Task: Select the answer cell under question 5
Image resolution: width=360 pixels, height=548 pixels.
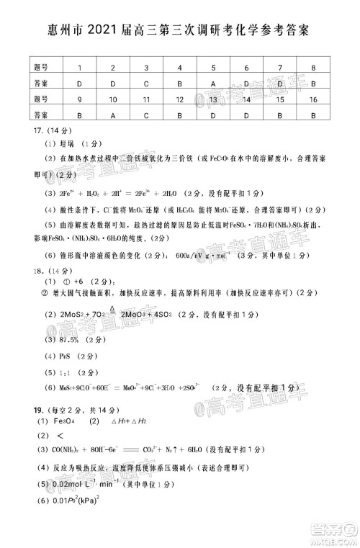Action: [x=214, y=83]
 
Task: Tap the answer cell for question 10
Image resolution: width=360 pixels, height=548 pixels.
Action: [x=113, y=114]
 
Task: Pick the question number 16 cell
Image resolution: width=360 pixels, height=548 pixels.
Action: [x=313, y=98]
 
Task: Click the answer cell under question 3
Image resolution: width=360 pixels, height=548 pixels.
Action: [x=147, y=83]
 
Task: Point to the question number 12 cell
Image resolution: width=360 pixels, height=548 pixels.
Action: [x=180, y=98]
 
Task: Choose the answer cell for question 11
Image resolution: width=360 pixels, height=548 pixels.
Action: [x=147, y=114]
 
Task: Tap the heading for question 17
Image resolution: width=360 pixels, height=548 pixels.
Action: [x=37, y=131]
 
